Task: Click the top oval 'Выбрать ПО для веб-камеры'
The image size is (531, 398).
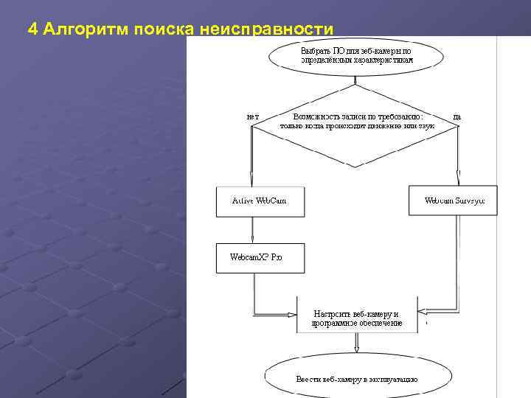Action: coord(356,55)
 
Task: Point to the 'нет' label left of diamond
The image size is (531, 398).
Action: coord(252,116)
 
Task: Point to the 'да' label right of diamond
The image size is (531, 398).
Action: coord(457,116)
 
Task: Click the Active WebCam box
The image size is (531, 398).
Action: coord(260,200)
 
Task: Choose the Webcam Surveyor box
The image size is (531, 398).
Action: coord(453,200)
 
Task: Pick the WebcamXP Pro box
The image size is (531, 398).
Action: coord(260,258)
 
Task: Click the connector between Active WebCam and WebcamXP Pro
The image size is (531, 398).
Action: coord(252,230)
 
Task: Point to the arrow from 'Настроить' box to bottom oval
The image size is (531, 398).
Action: coord(357,342)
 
